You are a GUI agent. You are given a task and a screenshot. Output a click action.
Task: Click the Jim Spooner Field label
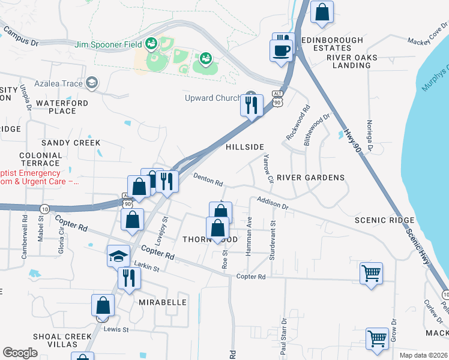tap(108, 44)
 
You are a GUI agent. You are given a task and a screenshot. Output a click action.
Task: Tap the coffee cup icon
tap(282, 50)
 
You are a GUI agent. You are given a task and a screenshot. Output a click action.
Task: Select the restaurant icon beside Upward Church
tap(252, 105)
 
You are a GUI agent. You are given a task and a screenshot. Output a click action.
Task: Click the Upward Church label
tap(212, 98)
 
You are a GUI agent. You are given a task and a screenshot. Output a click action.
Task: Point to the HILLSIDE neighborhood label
tap(244, 147)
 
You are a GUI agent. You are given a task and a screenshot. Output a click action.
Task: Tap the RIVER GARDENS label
tap(310, 178)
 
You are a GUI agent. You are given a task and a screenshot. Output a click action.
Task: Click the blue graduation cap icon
tap(118, 256)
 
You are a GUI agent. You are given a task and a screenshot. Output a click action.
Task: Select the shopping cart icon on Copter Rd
tap(371, 273)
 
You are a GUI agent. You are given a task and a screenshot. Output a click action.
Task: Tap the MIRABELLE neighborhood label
tap(163, 302)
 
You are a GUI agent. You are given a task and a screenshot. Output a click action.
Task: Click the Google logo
tap(20, 353)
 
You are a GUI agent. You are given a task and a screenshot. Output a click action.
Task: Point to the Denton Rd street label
tap(208, 179)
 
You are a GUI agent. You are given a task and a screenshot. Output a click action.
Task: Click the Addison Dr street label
tap(273, 203)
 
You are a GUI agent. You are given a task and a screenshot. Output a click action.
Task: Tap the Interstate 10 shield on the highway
tap(45, 208)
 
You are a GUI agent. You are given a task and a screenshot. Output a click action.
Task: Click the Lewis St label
tap(117, 329)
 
